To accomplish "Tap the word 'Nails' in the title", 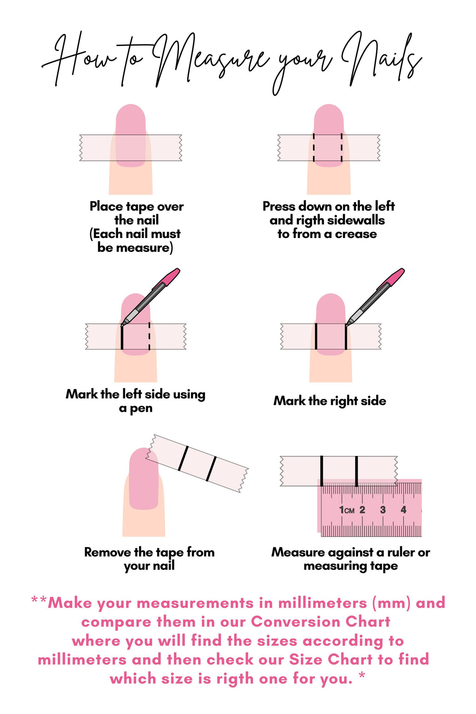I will pyautogui.click(x=381, y=58).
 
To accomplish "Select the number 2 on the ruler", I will pyautogui.click(x=362, y=510).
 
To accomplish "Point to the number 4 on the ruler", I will pyautogui.click(x=403, y=510).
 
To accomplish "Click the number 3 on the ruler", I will pyautogui.click(x=383, y=510).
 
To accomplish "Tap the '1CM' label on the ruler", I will pyautogui.click(x=347, y=510).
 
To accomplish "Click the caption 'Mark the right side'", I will pyautogui.click(x=330, y=401).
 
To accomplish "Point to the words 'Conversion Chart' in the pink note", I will pyautogui.click(x=320, y=622).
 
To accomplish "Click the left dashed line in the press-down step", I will pyautogui.click(x=314, y=148).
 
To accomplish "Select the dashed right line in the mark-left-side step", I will pyautogui.click(x=149, y=336).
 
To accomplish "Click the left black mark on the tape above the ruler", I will pyautogui.click(x=321, y=471).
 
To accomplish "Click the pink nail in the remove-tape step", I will pyautogui.click(x=144, y=479).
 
